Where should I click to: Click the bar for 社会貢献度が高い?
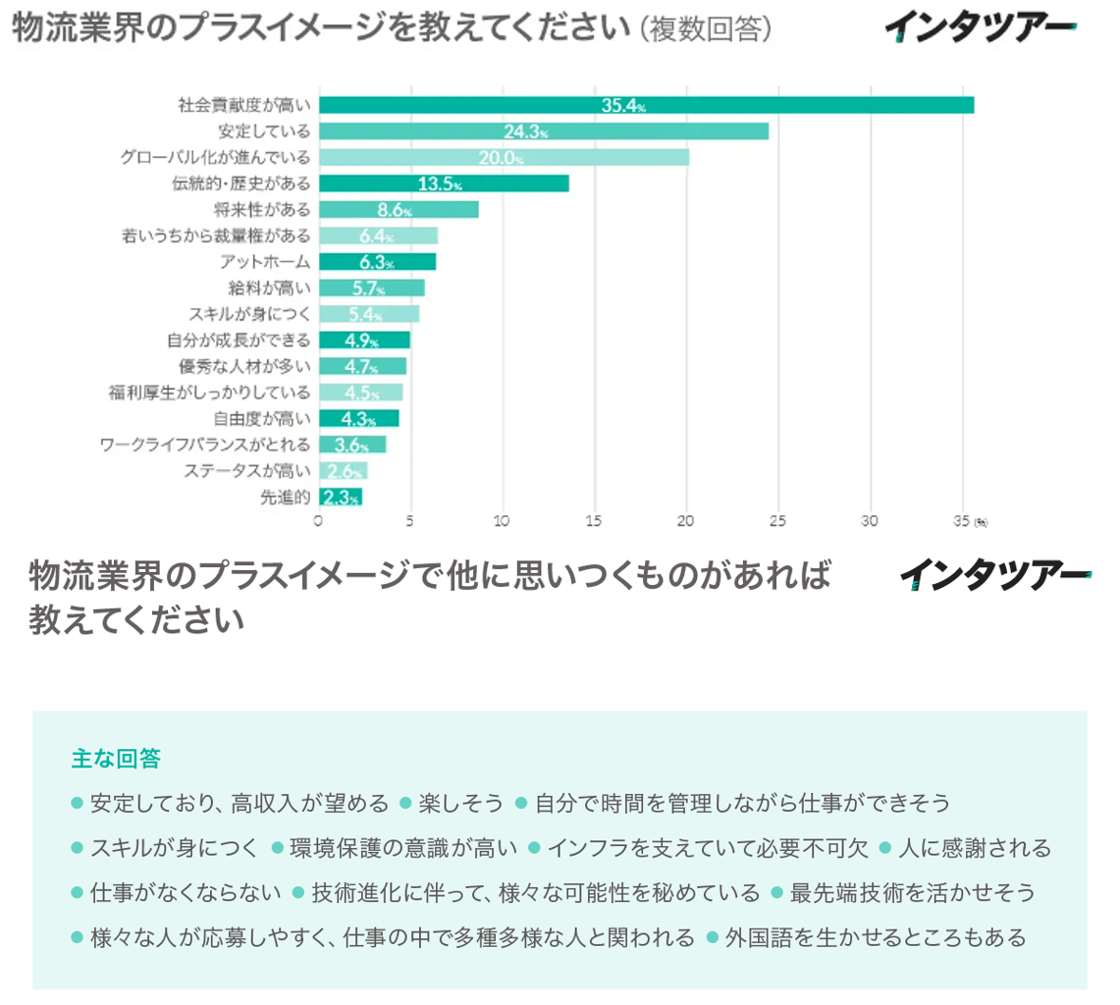(x=646, y=105)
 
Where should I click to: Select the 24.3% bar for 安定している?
(x=543, y=132)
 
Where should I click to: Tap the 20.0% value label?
(x=500, y=158)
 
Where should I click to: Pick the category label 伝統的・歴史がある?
(x=240, y=184)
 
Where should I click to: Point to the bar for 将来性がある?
(x=399, y=209)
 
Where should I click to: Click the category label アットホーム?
(x=265, y=262)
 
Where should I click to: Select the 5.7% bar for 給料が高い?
(x=371, y=288)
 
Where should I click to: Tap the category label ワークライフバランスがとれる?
(x=205, y=445)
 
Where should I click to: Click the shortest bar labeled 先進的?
(x=340, y=497)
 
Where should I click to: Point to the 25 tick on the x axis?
(x=777, y=521)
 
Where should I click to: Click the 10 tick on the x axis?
(x=502, y=521)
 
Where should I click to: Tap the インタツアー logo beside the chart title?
(x=979, y=28)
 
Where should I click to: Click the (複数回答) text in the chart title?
(x=705, y=29)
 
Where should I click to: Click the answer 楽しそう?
(x=460, y=804)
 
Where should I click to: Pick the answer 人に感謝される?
(x=975, y=848)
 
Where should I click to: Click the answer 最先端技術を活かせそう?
(x=912, y=893)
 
